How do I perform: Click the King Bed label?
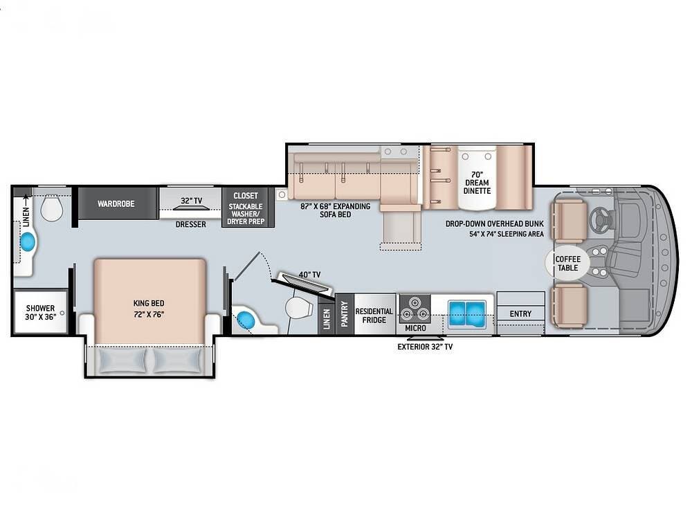point(149,303)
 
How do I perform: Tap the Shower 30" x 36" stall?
point(40,312)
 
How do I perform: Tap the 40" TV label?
point(310,275)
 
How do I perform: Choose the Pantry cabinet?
point(344,313)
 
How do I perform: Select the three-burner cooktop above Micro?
point(415,309)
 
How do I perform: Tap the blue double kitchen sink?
point(467,313)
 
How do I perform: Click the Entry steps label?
point(520,313)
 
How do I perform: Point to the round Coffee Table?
point(567,264)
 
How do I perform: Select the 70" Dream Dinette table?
point(477,178)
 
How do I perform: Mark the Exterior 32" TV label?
point(425,347)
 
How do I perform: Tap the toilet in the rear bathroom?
point(52,207)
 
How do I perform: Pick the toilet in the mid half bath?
point(298,308)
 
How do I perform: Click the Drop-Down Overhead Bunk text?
point(494,224)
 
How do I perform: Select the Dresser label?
point(191,224)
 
